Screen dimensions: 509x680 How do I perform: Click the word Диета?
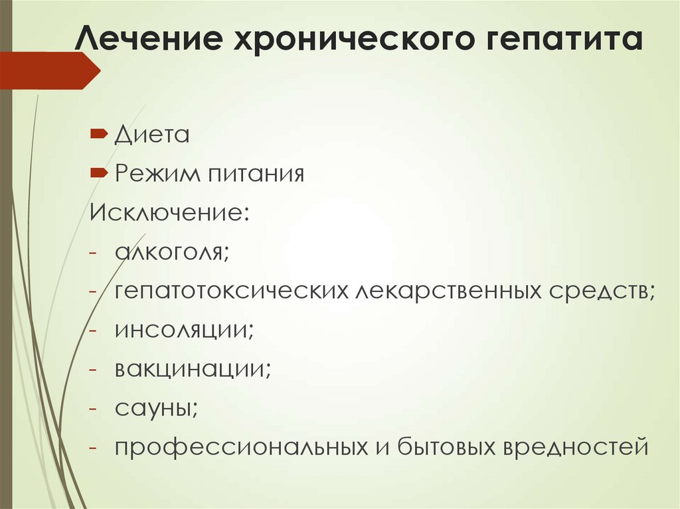pyautogui.click(x=152, y=135)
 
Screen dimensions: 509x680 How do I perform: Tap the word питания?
pyautogui.click(x=256, y=175)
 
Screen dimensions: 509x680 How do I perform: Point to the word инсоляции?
pyautogui.click(x=184, y=329)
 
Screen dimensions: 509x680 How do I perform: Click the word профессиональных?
pyautogui.click(x=238, y=446)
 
